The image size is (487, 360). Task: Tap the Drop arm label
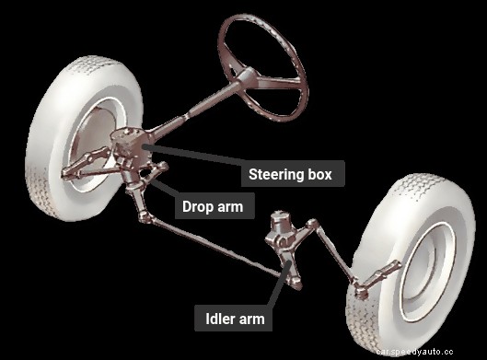point(213,206)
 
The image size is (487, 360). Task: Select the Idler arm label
point(236,319)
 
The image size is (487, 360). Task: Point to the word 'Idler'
point(220,319)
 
